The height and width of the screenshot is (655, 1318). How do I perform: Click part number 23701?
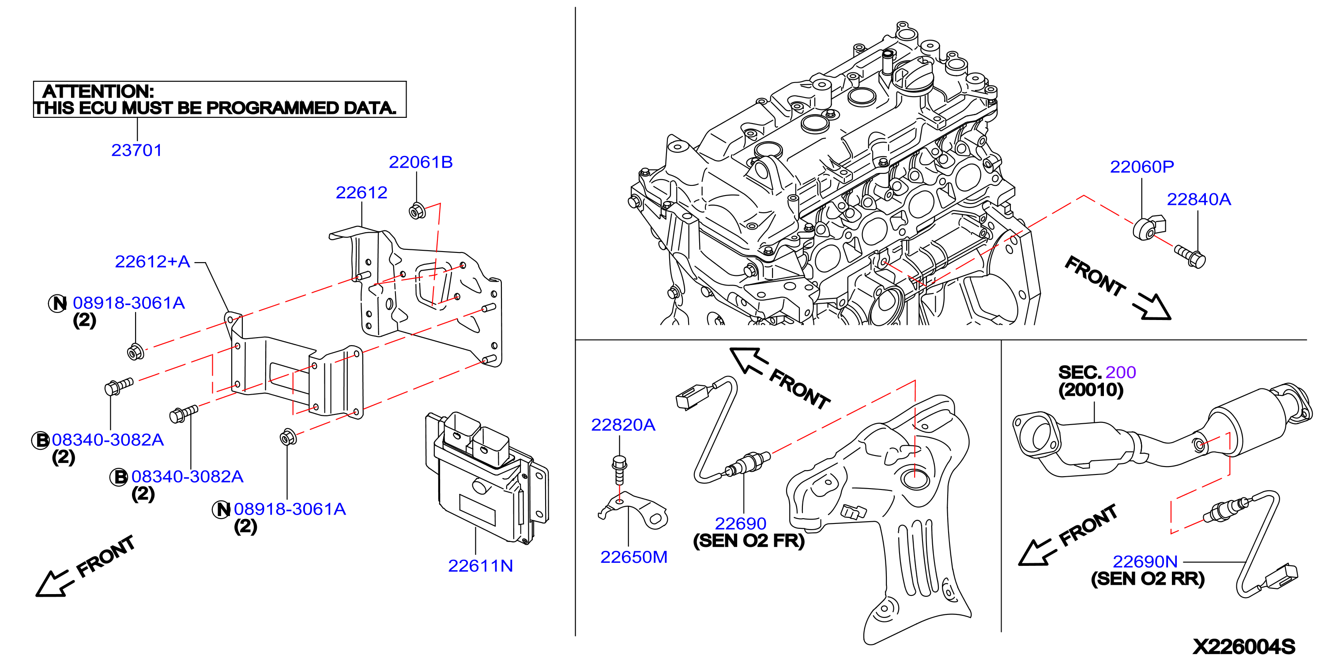[x=136, y=150]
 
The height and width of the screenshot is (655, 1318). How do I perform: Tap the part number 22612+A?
[x=152, y=261]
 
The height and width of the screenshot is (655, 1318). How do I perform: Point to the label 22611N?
[x=480, y=565]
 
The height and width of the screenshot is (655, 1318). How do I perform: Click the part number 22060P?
[x=1142, y=166]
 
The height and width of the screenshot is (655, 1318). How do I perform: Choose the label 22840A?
[x=1199, y=199]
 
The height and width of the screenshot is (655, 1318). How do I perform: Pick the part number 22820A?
[x=623, y=425]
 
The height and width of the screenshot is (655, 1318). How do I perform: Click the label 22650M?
[x=634, y=557]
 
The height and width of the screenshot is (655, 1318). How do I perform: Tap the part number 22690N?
[x=1145, y=561]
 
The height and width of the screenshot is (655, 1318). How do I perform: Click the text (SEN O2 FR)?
[x=749, y=541]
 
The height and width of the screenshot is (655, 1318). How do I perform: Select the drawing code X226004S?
[x=1244, y=646]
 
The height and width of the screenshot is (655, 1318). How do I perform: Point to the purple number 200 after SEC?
[x=1121, y=372]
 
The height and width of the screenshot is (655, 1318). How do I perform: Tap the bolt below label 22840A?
[x=1190, y=256]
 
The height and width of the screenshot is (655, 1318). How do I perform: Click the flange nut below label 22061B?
[x=418, y=211]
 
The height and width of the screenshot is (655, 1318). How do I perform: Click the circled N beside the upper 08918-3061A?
[x=58, y=304]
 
